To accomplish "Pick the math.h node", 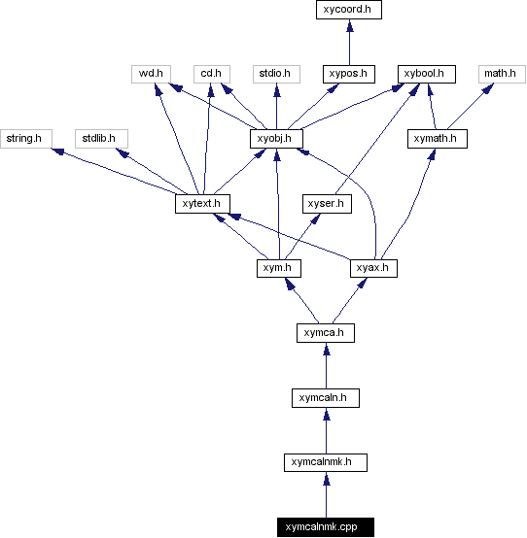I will click(501, 74).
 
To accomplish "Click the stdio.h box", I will click(276, 74).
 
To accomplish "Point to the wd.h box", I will click(150, 74).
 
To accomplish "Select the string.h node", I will click(23, 139).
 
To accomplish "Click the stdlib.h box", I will click(99, 139).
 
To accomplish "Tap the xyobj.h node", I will click(276, 139).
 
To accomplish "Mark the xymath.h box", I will click(438, 139).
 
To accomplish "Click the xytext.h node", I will click(201, 204).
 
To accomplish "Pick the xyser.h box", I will click(326, 204).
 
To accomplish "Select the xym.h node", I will click(276, 268).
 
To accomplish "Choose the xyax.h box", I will click(373, 268).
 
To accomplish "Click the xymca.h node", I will click(325, 333).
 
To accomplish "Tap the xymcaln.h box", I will click(325, 397).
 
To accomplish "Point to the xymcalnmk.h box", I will click(325, 462).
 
